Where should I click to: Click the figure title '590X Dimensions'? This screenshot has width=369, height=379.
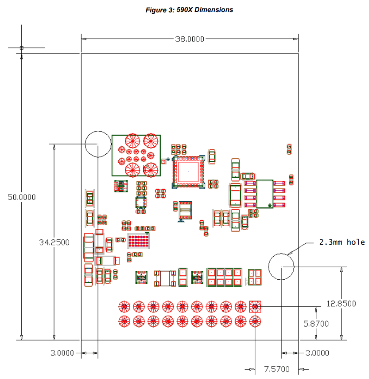click(x=189, y=10)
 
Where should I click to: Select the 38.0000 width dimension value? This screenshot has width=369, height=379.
click(x=190, y=39)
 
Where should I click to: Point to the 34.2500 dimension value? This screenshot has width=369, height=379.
click(x=54, y=242)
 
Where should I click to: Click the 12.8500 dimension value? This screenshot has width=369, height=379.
click(x=341, y=304)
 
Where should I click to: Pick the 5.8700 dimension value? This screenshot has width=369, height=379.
click(x=316, y=324)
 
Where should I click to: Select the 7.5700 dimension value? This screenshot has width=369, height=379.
click(x=277, y=369)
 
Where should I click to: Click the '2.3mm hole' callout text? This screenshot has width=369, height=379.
click(x=342, y=242)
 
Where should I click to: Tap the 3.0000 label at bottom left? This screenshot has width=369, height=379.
click(x=62, y=353)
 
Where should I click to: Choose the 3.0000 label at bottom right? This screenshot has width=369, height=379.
click(x=318, y=353)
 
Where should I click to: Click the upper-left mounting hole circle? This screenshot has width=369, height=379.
click(x=97, y=144)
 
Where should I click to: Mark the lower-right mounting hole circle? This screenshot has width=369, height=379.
click(x=281, y=266)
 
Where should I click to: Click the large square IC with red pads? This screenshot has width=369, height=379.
click(x=187, y=171)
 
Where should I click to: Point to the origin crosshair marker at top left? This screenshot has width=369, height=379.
click(x=21, y=47)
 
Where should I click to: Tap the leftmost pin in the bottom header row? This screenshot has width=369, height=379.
click(x=124, y=321)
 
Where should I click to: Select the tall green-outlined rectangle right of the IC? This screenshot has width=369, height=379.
click(x=265, y=194)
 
